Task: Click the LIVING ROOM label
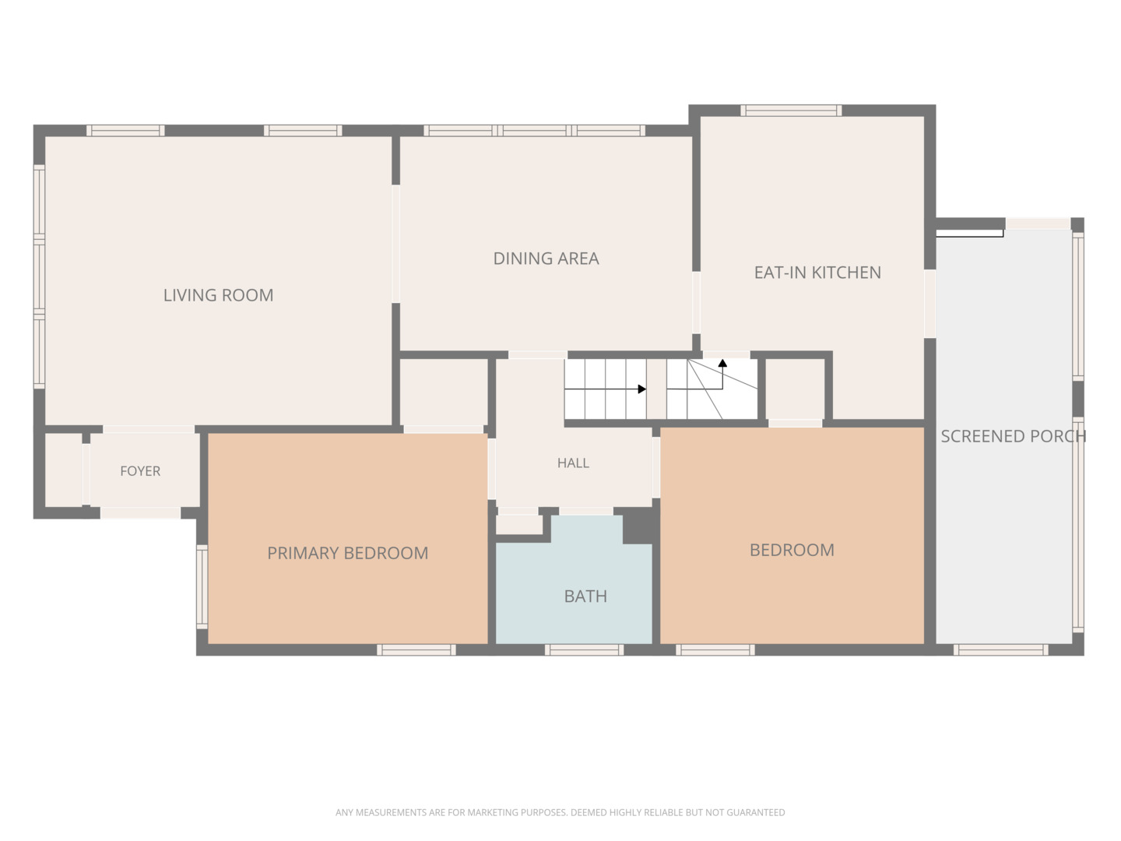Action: [218, 295]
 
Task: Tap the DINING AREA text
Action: [546, 259]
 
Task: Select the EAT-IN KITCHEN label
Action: [817, 273]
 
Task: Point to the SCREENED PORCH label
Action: [1014, 436]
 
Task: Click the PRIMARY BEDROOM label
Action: [348, 553]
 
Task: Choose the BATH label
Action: [585, 596]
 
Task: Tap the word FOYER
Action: [140, 471]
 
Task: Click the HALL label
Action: [573, 463]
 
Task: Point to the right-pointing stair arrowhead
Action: [642, 389]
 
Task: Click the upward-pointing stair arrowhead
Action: [722, 363]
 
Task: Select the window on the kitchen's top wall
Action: [791, 111]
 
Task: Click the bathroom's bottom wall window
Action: [585, 650]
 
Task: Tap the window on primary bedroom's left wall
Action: [202, 586]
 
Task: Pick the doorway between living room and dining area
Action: [395, 244]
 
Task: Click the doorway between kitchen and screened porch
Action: [930, 304]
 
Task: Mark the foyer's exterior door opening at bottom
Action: [140, 512]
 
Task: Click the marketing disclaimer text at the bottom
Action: [560, 812]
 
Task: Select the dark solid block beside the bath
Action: [639, 526]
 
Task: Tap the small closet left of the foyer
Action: [64, 470]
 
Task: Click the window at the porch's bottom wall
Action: [1001, 650]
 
